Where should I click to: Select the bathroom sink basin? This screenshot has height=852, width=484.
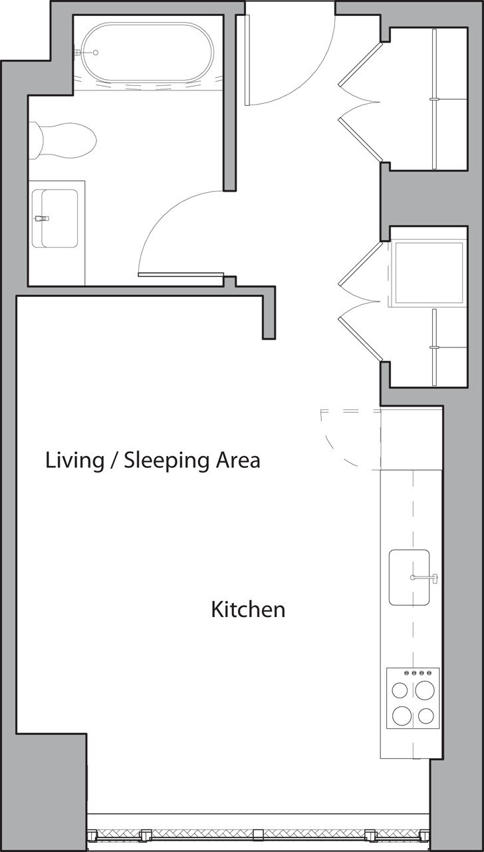(59, 218)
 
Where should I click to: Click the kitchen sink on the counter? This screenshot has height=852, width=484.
(409, 577)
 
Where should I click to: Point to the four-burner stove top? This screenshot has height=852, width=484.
(413, 698)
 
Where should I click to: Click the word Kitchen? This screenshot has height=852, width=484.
(248, 610)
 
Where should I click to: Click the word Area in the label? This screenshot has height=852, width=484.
(237, 460)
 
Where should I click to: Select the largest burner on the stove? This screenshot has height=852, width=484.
(402, 716)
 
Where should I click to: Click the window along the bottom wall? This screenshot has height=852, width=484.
(258, 833)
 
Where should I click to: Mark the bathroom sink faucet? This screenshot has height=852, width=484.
(42, 218)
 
